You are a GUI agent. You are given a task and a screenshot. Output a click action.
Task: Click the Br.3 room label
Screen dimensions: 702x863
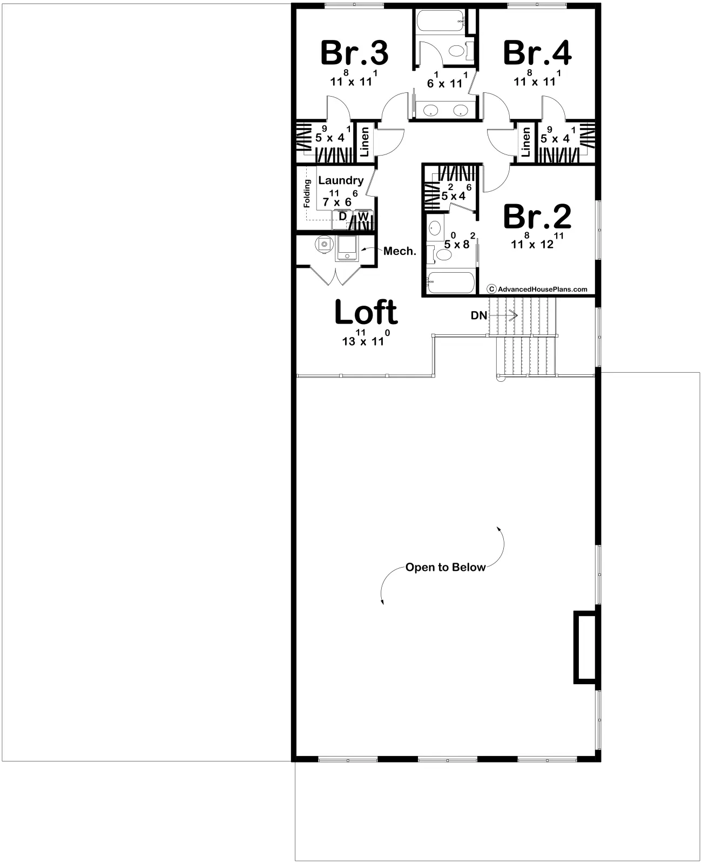[x=354, y=53]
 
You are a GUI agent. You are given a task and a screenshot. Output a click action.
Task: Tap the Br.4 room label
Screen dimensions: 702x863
[x=537, y=53]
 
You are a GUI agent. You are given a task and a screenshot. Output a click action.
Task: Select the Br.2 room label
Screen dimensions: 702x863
[x=537, y=217]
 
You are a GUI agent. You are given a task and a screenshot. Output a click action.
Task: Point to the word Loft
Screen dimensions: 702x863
[x=366, y=312]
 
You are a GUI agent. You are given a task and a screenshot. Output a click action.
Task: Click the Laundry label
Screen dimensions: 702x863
[x=341, y=180]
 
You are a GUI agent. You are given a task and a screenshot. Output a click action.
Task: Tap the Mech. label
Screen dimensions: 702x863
[x=400, y=251]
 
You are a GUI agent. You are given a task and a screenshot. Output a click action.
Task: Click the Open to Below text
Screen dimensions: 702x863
[x=445, y=567]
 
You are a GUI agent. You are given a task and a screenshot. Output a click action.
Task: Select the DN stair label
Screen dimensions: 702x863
[x=478, y=315]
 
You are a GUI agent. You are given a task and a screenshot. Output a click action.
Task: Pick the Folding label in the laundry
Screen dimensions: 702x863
[x=307, y=193]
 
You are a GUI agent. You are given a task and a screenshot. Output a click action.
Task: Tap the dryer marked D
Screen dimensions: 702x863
[x=343, y=219]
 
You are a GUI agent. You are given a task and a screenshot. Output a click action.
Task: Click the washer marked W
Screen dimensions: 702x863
[x=363, y=219]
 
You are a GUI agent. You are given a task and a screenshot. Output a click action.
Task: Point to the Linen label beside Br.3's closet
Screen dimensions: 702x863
[x=364, y=142]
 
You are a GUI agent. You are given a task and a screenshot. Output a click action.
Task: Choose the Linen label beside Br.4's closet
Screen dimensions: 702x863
[x=526, y=142]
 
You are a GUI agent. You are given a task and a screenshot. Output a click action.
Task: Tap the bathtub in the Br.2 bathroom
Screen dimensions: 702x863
[x=451, y=281]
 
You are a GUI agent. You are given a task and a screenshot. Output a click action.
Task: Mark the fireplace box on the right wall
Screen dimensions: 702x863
[x=585, y=647]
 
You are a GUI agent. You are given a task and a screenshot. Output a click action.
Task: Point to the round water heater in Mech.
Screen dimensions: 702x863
[x=323, y=244]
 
